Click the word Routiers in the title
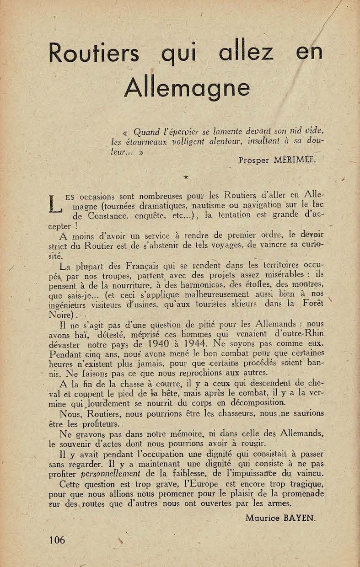(x=94, y=53)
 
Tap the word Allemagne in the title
(x=187, y=87)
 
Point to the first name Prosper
(x=254, y=160)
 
